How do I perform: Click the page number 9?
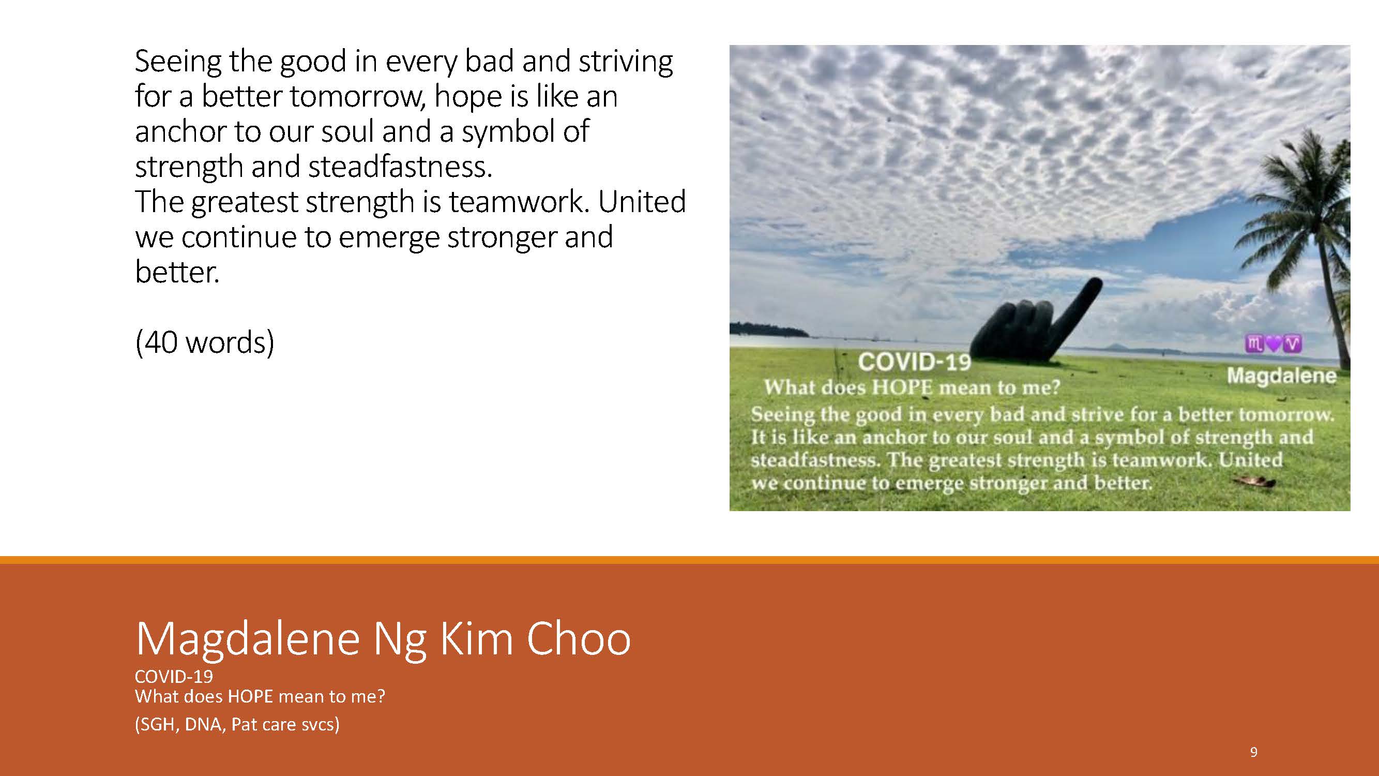pos(1253,752)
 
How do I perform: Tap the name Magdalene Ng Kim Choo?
pos(383,638)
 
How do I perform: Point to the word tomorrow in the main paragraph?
pos(357,97)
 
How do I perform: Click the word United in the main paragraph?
pos(641,201)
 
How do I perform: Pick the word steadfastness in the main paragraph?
pos(399,167)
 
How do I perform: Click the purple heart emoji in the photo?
pos(1274,344)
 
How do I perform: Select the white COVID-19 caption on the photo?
pos(914,363)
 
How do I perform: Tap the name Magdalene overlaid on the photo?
pos(1282,376)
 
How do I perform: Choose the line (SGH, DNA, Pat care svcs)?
pos(237,724)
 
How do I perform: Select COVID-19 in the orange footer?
pos(174,676)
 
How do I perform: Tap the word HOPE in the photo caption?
pos(903,387)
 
